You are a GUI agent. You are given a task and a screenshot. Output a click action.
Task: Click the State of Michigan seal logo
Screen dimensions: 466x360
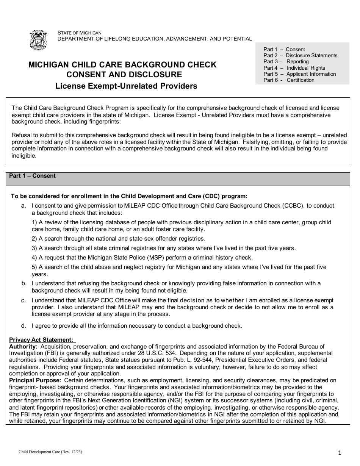(x=38, y=40)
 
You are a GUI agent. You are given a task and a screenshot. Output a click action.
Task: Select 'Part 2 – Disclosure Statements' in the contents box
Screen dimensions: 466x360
(x=300, y=55)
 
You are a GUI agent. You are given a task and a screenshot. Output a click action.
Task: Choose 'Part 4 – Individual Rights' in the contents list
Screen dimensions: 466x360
(x=294, y=68)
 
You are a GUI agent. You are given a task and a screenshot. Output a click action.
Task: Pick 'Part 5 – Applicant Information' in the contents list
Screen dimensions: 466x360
(x=299, y=74)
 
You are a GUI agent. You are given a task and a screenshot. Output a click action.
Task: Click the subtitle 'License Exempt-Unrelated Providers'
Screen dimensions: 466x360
(x=126, y=86)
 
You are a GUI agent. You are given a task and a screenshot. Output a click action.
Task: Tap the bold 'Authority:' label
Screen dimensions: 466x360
(x=23, y=346)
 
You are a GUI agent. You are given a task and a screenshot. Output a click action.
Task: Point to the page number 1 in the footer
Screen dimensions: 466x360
(x=340, y=452)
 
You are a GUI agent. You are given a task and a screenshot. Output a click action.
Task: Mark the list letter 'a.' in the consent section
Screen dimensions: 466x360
(x=24, y=206)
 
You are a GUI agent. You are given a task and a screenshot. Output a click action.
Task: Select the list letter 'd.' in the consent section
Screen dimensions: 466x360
(x=24, y=325)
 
